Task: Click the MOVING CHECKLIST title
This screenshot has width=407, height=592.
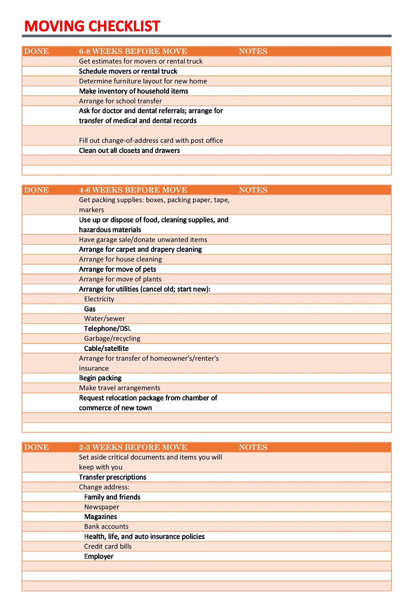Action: [x=92, y=26]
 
